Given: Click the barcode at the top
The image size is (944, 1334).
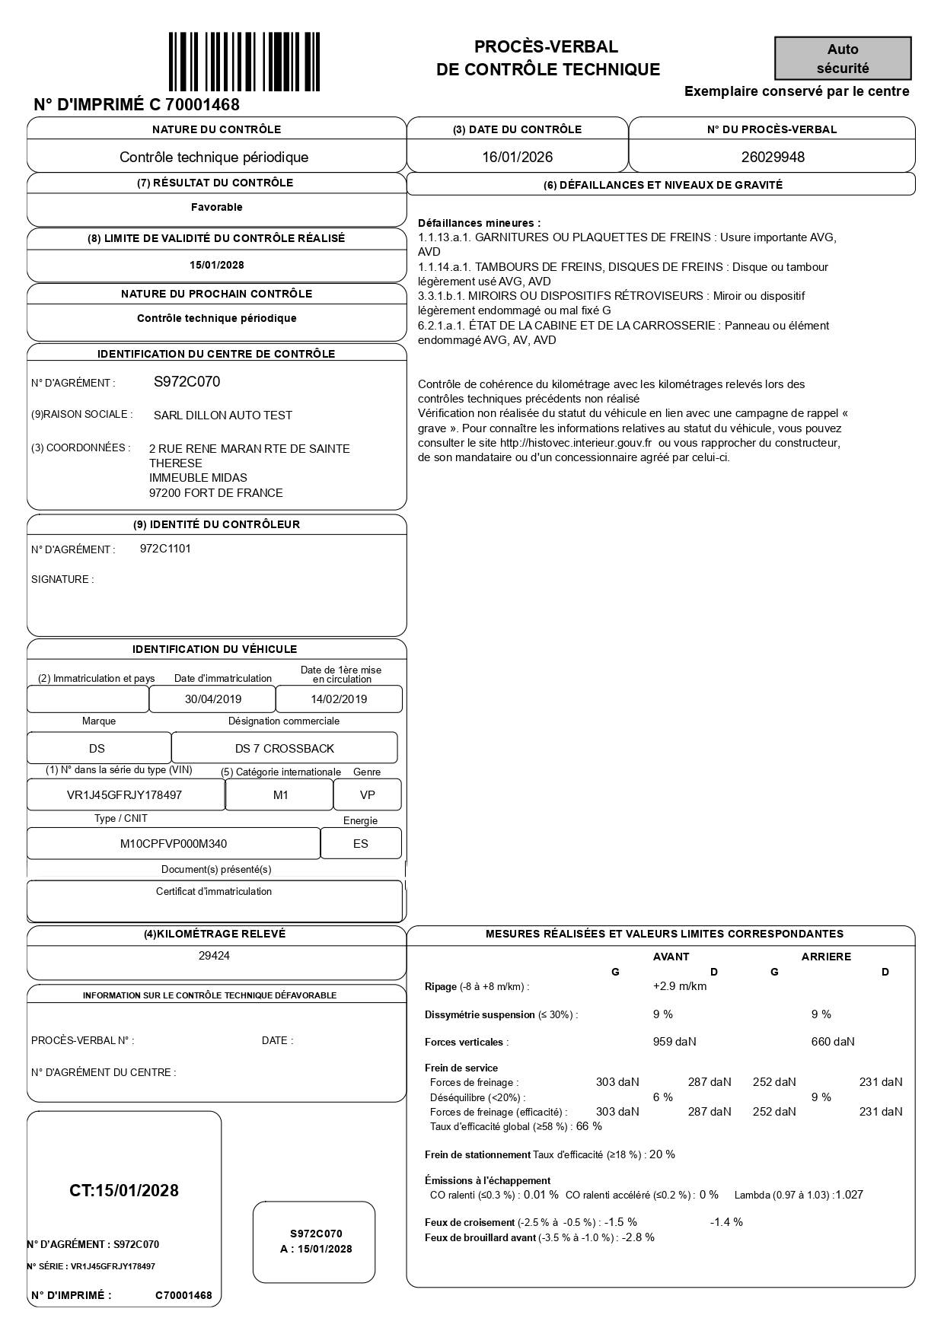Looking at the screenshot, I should [244, 62].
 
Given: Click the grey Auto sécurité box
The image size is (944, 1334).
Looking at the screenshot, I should [843, 59].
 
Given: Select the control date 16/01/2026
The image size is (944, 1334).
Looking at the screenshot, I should [518, 158].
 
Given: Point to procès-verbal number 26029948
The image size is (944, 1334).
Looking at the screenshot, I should [773, 158].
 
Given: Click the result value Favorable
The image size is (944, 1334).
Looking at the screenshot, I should [217, 207].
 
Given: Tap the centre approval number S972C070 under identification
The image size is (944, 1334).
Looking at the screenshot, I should [187, 382].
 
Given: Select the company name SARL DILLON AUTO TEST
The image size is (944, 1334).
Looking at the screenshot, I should [223, 415].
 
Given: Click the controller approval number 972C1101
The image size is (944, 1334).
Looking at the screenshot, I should [165, 549].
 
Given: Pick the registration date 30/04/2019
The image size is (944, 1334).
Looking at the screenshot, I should [213, 699].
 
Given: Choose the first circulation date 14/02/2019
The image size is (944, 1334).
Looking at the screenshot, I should [339, 699].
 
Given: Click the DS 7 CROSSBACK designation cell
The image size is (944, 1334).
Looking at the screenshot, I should [285, 749].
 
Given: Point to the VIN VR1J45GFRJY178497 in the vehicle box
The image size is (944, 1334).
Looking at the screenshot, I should [125, 795].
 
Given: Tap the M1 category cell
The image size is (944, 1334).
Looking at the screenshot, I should [280, 795].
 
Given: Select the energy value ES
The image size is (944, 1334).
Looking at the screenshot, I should [361, 844].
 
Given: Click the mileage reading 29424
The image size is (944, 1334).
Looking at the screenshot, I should [214, 956].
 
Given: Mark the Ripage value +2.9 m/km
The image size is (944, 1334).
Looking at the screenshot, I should [680, 986].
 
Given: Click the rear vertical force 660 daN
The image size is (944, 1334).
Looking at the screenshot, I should [833, 1042].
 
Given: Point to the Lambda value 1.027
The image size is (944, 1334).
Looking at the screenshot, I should [850, 1195].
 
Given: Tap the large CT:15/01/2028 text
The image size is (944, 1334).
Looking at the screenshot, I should [124, 1191].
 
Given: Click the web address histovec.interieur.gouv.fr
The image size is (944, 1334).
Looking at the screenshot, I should [576, 443].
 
